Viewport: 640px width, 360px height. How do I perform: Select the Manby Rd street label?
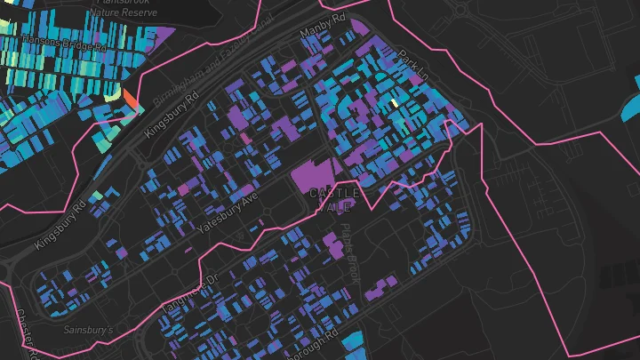[323, 27]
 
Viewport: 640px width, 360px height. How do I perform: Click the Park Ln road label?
[412, 68]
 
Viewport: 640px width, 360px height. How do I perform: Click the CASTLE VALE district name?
[334, 199]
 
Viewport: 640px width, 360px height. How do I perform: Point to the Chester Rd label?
[25, 333]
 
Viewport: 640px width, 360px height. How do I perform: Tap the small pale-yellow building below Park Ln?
[394, 103]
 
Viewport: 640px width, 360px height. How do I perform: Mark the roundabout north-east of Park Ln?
[461, 10]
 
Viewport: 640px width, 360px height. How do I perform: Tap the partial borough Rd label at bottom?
[316, 343]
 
